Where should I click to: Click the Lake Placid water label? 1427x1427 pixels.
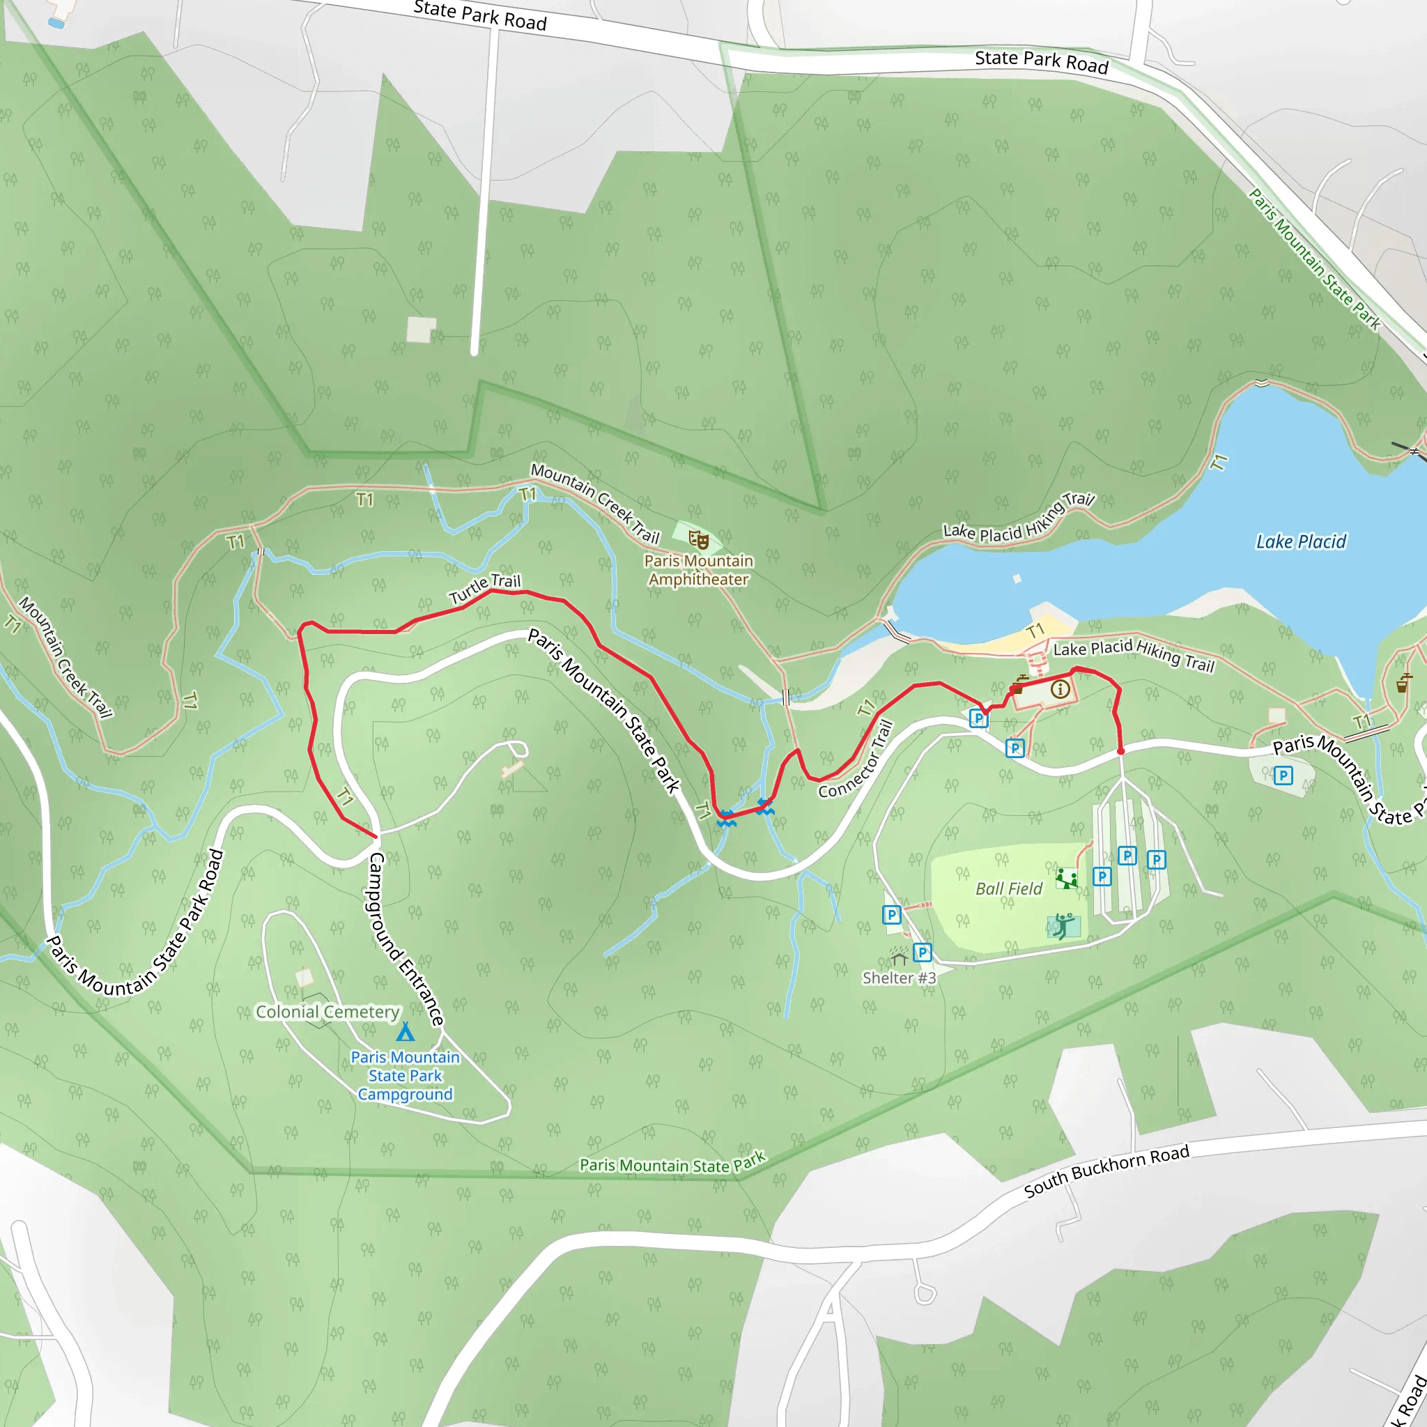coord(1301,542)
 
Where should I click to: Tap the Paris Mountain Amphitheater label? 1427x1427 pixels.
coord(699,570)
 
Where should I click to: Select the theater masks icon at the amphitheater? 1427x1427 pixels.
coord(699,540)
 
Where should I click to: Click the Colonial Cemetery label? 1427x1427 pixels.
coord(327,1012)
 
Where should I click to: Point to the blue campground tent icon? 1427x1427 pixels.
coord(406,1032)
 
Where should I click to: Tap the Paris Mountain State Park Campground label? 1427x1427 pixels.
coord(406,1075)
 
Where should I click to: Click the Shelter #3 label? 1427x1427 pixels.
coord(899,978)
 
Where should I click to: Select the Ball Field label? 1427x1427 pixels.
coord(1009,889)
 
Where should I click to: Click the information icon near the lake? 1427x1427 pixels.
coord(1060,690)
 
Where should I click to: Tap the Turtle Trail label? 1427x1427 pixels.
coord(484,589)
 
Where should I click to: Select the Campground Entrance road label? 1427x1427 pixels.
coord(407,939)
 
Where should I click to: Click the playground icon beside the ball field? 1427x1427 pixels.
coord(1067,879)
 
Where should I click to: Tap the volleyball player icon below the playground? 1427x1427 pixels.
coord(1063,925)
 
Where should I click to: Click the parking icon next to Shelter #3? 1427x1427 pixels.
coord(922,952)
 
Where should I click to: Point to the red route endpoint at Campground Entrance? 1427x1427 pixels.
coord(376,837)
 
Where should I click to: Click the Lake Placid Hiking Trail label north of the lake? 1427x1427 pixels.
coord(1019,517)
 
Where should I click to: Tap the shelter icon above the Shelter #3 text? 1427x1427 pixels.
coord(899,958)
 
